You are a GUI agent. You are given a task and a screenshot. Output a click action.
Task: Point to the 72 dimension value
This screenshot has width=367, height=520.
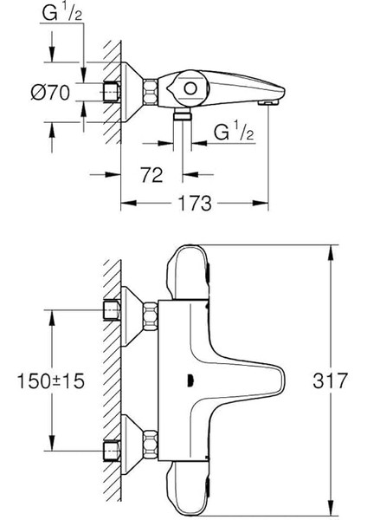coord(151,176)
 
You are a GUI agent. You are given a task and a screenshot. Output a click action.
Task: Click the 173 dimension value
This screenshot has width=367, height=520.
coord(196,205)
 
